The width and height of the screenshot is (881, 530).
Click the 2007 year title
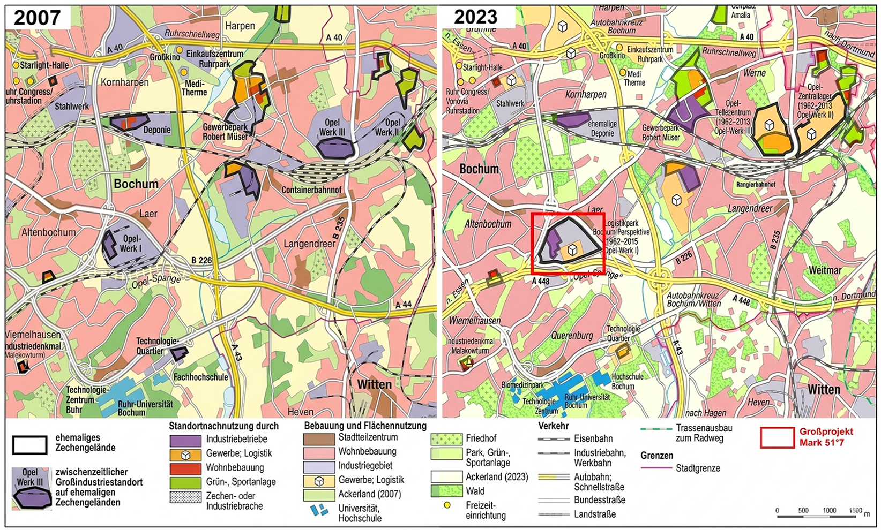[x=36, y=17]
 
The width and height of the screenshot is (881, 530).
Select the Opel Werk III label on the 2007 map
[x=332, y=127]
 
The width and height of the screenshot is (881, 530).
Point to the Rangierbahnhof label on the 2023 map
[x=756, y=184]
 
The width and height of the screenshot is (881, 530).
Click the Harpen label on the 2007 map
[x=240, y=26]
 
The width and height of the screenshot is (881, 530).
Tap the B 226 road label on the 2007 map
[x=201, y=260]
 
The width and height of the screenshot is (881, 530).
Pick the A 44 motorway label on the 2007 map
[x=404, y=305]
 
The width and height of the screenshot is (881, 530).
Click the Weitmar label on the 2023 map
[x=825, y=270]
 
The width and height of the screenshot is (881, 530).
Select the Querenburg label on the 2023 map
[x=572, y=336]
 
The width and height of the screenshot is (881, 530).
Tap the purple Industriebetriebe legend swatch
[x=185, y=440]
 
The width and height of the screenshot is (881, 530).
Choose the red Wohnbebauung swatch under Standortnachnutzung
[x=185, y=467]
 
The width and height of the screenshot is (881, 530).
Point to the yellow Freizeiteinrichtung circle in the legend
[x=447, y=505]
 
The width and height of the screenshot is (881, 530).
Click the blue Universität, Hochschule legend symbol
[x=320, y=510]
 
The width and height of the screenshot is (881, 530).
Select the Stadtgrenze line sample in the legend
[x=656, y=468]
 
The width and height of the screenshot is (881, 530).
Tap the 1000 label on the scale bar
[x=829, y=510]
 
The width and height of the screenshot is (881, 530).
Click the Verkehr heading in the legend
[x=554, y=426]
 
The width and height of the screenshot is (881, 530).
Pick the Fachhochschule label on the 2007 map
[x=200, y=377]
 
